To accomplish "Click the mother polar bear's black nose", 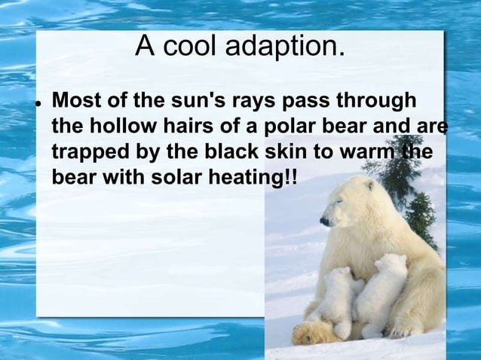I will (323, 221).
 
